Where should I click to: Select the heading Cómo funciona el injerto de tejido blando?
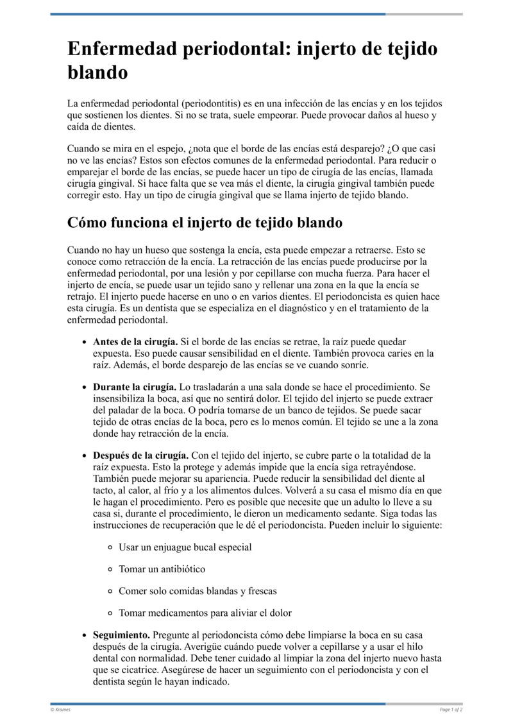(205, 223)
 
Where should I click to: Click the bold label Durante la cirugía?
(135, 387)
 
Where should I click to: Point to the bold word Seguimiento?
(122, 635)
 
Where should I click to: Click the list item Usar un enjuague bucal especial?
(185, 547)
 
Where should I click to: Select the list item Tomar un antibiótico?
(162, 569)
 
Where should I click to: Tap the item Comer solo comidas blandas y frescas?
(198, 591)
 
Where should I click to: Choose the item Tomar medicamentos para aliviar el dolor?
(205, 613)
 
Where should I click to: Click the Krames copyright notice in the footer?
(60, 710)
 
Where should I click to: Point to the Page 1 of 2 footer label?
(451, 710)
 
